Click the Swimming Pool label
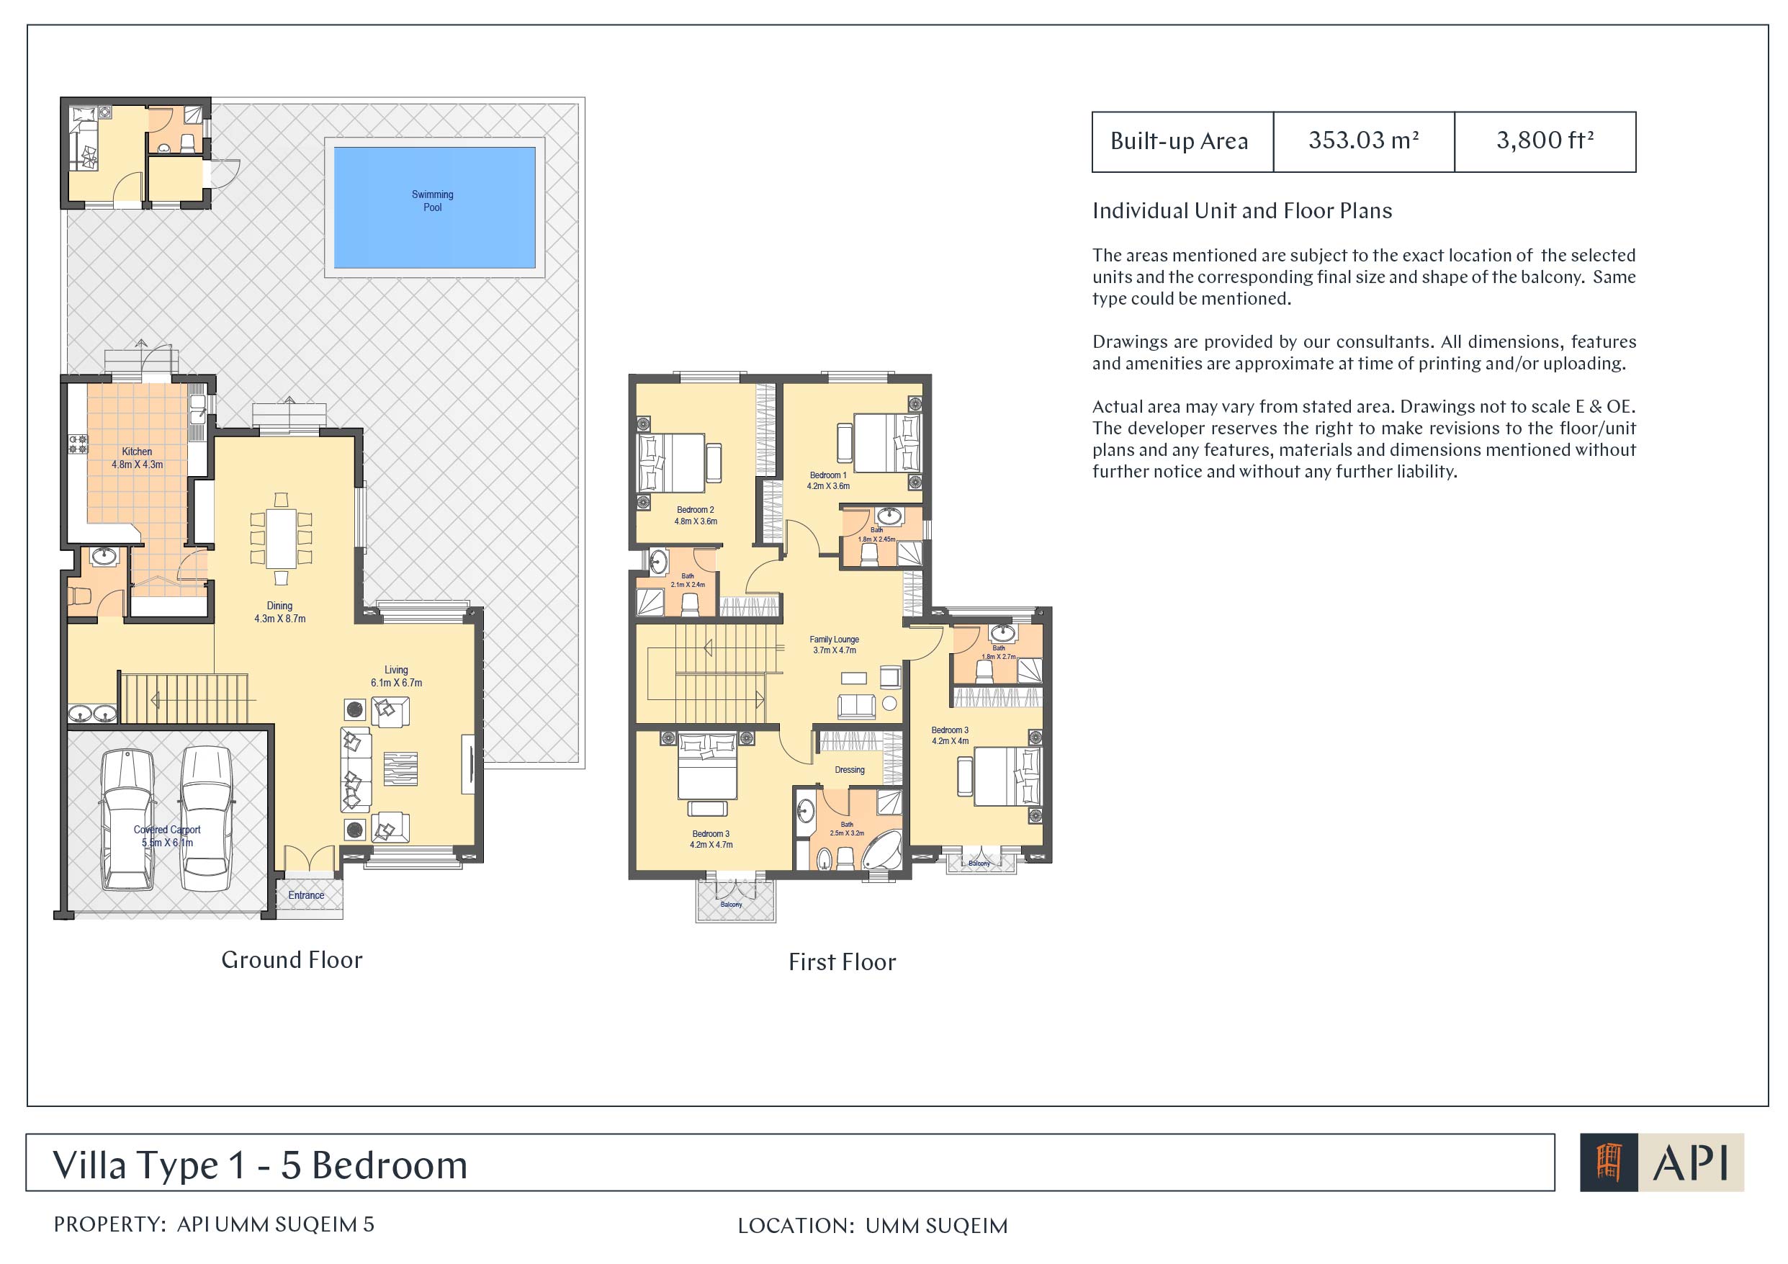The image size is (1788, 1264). coord(432,201)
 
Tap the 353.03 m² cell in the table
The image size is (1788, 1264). coord(1364,141)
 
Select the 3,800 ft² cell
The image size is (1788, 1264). coord(1545,141)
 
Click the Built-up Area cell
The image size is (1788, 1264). coord(1182,141)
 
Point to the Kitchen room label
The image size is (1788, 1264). coord(137,452)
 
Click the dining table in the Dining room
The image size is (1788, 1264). coord(281,538)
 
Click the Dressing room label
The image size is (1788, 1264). coord(850,769)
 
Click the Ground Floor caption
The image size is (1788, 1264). coord(292,959)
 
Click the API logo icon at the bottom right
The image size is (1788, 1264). coord(1609,1162)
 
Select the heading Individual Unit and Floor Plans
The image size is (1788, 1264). coord(1242,210)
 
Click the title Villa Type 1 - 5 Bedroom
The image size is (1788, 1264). coord(260,1165)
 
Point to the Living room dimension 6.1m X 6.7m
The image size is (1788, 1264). coord(396,683)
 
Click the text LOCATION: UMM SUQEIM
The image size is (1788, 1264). coord(872,1226)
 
